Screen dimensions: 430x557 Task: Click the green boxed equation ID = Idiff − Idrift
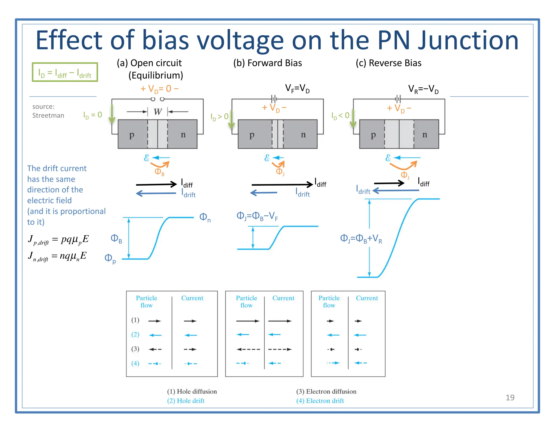pos(65,72)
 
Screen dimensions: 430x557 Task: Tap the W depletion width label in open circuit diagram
pos(158,112)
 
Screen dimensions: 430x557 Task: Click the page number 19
pos(510,397)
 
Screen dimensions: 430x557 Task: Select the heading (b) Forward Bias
pos(267,63)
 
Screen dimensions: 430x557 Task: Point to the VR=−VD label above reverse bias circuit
pos(423,89)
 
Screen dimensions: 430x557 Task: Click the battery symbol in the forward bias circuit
pos(274,99)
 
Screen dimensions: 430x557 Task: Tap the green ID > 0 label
pos(219,117)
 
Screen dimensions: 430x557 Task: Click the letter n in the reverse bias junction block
pos(425,134)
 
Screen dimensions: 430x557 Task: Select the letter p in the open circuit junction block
pos(132,135)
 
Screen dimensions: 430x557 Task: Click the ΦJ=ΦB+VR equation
pos(361,239)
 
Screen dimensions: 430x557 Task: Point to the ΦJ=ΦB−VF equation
pos(257,216)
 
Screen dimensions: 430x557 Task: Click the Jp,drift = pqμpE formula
pos(58,239)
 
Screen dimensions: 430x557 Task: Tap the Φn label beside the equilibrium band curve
pos(205,217)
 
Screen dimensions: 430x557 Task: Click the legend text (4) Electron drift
pos(320,401)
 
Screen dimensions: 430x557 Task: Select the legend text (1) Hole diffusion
pos(192,391)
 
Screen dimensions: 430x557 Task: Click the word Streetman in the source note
pos(48,116)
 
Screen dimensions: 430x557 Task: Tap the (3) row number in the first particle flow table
pos(135,349)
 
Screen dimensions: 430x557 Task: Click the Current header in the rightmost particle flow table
pos(367,298)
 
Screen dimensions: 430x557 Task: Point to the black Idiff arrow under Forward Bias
pos(282,185)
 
